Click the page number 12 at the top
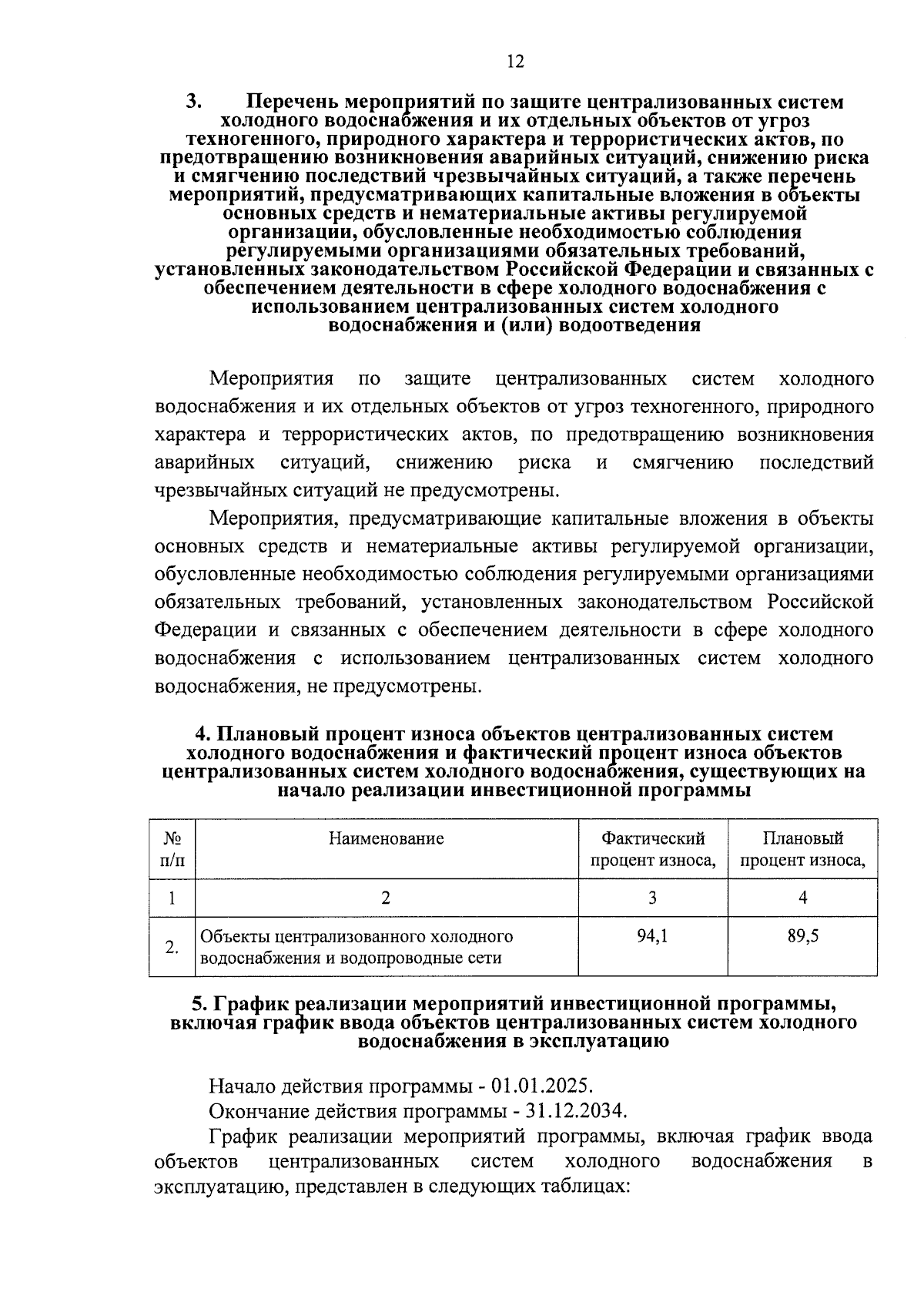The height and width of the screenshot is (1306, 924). (516, 62)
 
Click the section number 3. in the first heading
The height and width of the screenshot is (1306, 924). (194, 102)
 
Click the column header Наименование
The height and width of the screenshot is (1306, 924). (387, 838)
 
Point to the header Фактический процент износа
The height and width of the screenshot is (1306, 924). (653, 848)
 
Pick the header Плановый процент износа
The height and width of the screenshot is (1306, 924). (802, 848)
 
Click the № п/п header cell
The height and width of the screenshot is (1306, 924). (172, 848)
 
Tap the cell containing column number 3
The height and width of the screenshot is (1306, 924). (653, 897)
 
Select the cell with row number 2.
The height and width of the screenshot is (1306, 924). (172, 947)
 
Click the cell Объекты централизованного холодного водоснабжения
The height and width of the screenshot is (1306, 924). (357, 947)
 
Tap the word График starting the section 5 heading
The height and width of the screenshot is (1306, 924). (251, 1004)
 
